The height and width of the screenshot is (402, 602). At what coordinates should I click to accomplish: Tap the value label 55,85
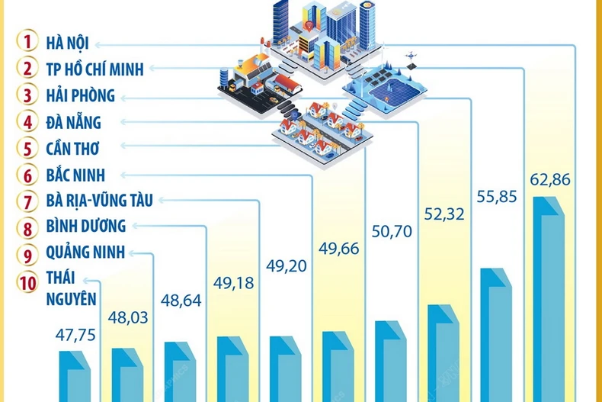[x=497, y=197]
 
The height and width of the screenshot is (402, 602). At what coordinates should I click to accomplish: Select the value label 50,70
[x=391, y=231]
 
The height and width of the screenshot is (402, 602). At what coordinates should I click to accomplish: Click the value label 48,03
[x=128, y=315]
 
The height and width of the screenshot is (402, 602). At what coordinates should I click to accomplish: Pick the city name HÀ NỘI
[x=67, y=42]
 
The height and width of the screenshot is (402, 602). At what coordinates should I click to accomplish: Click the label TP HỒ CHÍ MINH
[x=94, y=69]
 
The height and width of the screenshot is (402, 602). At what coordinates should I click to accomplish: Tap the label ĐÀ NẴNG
[x=73, y=122]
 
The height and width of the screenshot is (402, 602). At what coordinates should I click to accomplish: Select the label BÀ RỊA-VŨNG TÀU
[x=99, y=201]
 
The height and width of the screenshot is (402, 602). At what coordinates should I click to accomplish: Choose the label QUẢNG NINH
[x=84, y=253]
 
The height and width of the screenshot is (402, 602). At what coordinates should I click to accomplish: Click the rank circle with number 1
[x=27, y=42]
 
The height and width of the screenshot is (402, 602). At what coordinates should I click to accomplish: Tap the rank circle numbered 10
[x=27, y=281]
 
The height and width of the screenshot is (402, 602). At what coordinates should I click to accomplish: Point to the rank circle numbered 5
[x=27, y=148]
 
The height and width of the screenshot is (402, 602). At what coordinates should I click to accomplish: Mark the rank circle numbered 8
[x=27, y=227]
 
